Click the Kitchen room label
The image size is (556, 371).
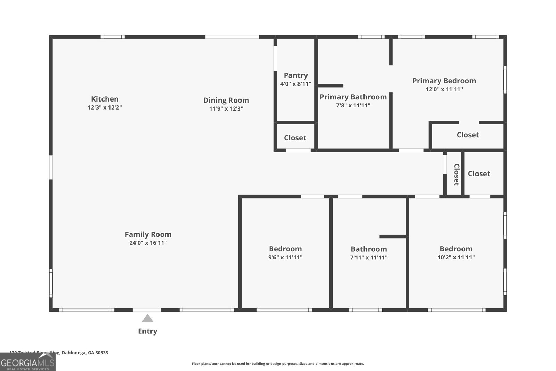[105, 99]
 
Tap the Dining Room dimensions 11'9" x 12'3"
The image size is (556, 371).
[226, 108]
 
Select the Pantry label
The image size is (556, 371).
[296, 75]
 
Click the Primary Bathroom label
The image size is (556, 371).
[353, 97]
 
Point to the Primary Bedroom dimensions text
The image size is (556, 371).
[444, 89]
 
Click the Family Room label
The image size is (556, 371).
[148, 234]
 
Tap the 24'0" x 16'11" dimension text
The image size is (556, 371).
[148, 243]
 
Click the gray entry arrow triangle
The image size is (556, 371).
[147, 318]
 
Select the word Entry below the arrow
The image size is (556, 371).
[147, 331]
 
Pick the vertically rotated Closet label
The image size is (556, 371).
[456, 174]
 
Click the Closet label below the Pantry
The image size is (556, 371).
[295, 138]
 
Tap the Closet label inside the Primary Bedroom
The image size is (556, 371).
[467, 135]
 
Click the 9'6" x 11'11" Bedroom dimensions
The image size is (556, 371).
[285, 258]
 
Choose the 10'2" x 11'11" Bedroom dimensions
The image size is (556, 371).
[456, 258]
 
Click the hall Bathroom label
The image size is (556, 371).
[368, 249]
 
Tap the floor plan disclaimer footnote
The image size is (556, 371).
[278, 364]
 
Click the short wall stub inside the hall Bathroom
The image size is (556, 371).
[393, 236]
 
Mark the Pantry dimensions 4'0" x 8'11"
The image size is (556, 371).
[296, 84]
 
